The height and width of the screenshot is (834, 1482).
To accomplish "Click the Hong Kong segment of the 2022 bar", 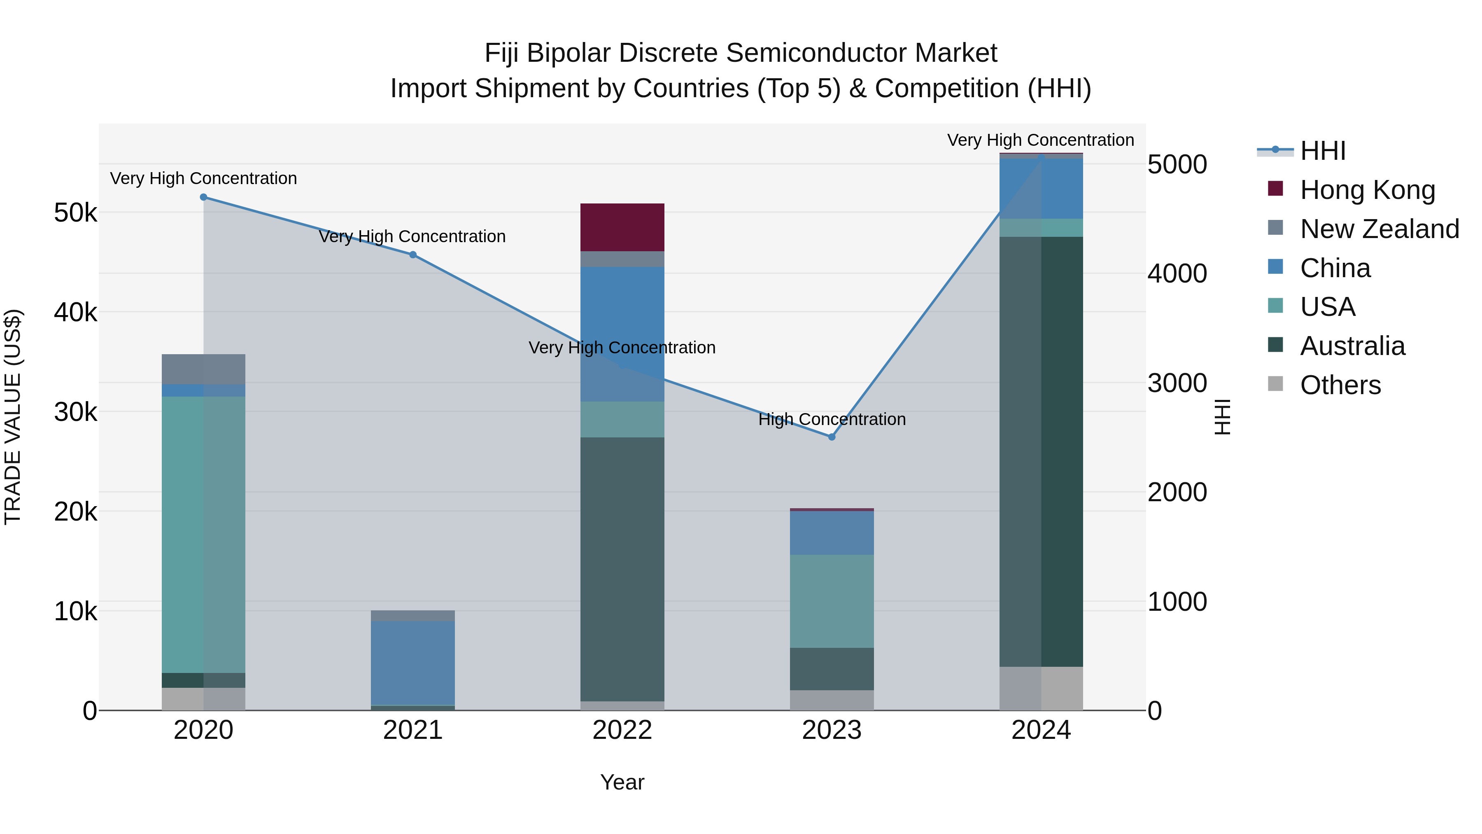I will click(622, 227).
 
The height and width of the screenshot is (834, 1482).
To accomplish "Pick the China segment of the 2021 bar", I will click(412, 663).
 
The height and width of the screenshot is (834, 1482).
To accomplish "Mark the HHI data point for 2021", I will click(412, 255).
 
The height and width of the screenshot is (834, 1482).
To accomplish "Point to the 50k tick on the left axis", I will click(75, 213).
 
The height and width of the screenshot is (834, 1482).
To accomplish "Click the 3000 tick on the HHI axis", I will click(1177, 383).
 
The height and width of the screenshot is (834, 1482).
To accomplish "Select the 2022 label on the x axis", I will click(622, 730).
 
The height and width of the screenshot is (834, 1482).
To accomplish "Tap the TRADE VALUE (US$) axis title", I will click(13, 417).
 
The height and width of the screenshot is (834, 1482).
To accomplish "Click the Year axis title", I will click(622, 782).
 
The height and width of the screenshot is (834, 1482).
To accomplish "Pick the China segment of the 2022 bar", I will click(622, 334).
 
